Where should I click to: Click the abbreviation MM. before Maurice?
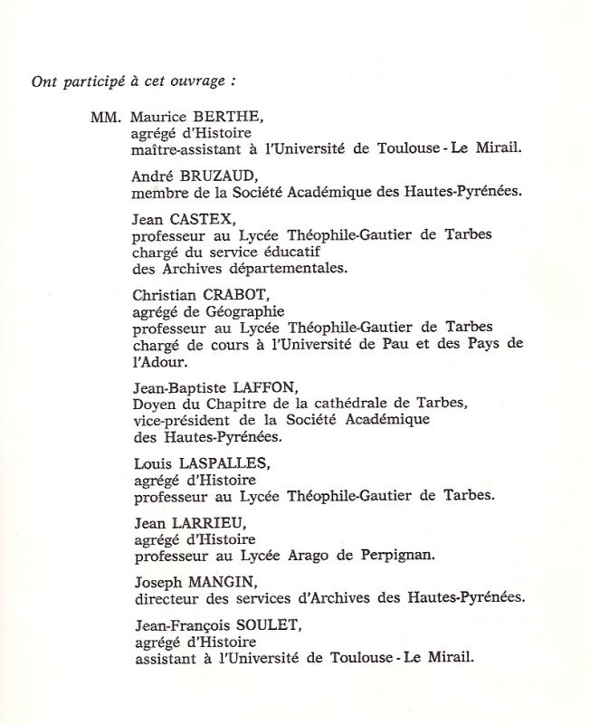(106, 119)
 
